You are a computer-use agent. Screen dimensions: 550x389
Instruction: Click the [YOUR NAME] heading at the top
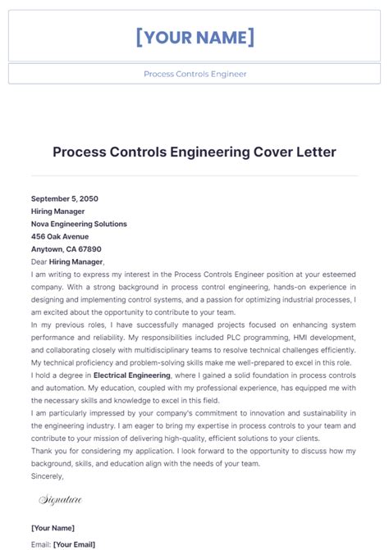pos(194,37)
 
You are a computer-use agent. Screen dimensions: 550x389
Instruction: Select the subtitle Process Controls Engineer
pos(194,74)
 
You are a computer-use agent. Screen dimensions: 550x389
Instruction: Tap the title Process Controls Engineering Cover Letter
pos(194,152)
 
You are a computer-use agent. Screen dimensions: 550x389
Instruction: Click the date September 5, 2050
pos(66,198)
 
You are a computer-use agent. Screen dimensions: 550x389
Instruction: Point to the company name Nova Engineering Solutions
pos(79,224)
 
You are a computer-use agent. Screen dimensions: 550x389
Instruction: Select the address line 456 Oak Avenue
pos(60,236)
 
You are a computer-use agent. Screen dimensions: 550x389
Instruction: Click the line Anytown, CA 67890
pos(66,248)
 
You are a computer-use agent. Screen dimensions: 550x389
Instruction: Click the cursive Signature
pos(61,498)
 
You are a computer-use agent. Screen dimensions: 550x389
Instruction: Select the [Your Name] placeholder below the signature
pos(53,528)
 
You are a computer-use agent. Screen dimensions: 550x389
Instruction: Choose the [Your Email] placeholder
pos(74,543)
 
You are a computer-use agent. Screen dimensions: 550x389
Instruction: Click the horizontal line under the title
pos(194,175)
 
